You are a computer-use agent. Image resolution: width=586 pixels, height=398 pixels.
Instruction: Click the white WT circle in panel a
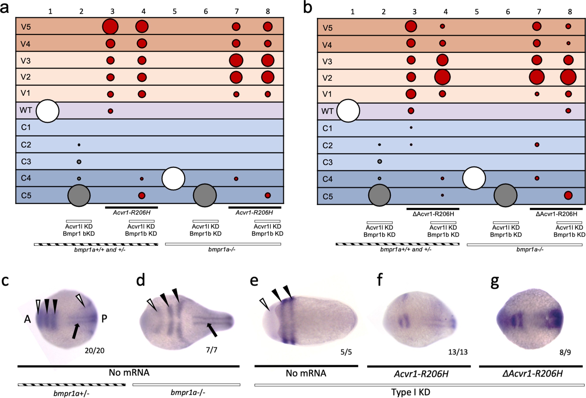pos(48,111)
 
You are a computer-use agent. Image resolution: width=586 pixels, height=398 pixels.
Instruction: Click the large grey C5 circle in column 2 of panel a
pos(79,195)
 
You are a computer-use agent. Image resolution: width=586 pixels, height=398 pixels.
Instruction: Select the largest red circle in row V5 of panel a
pos(110,26)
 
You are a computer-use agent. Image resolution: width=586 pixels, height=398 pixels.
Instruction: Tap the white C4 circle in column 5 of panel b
pos(474,178)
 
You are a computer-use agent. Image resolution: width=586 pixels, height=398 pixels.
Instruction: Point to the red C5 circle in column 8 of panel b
pos(568,195)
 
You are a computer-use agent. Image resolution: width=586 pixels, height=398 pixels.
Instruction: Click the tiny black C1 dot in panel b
pos(411,128)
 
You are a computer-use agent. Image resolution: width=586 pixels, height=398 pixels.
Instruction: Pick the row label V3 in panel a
pos(26,61)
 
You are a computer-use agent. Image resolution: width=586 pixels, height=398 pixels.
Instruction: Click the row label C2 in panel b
pos(327,146)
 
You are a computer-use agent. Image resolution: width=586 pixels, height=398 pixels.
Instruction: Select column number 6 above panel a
pos(206,11)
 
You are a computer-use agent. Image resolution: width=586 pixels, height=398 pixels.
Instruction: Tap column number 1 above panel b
pos(352,12)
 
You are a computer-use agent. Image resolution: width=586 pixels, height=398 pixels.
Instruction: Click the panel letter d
pos(141,280)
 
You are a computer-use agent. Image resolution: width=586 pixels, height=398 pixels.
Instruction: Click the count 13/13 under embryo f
pos(458,352)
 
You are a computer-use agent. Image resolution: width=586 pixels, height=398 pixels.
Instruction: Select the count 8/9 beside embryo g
pos(565,352)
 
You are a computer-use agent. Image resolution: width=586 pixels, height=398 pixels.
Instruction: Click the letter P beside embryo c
pos(104,319)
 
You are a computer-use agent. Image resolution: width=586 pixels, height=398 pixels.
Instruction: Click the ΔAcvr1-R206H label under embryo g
pos(532,373)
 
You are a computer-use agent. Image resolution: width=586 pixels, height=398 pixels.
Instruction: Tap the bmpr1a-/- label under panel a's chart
pos(222,250)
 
